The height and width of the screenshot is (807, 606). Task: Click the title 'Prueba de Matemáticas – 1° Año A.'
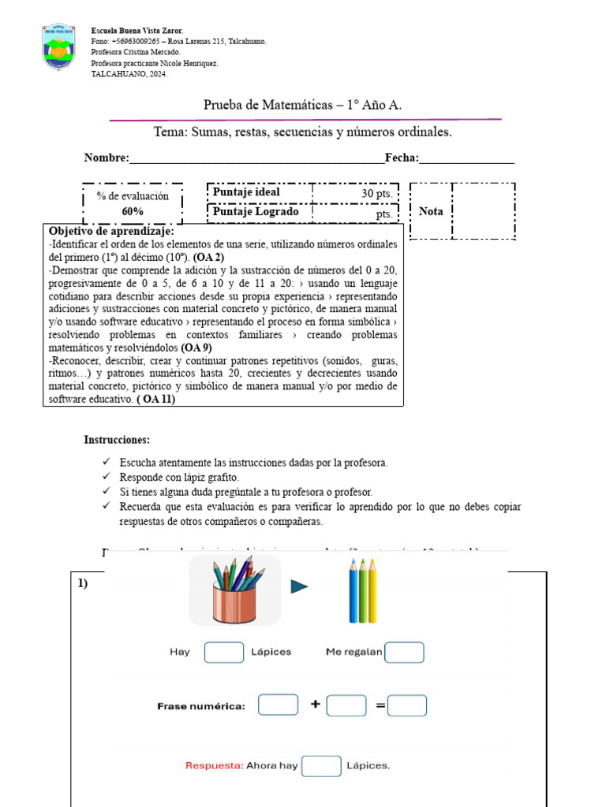click(307, 104)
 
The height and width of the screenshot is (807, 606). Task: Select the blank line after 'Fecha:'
click(466, 159)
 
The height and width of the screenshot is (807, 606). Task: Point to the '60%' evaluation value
click(133, 211)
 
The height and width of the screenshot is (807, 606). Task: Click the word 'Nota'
click(431, 211)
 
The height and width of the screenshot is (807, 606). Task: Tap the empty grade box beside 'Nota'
click(483, 210)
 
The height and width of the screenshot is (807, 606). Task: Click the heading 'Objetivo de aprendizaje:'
click(111, 231)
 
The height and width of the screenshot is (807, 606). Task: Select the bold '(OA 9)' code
click(196, 348)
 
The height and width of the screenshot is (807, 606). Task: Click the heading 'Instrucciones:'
click(117, 440)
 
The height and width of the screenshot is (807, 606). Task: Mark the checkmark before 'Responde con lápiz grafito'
click(107, 478)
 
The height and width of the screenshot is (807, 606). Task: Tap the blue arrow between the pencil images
click(299, 586)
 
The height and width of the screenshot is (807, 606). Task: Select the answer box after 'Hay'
click(224, 653)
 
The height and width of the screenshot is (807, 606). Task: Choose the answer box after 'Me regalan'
click(404, 653)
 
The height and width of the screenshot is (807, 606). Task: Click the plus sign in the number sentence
click(315, 705)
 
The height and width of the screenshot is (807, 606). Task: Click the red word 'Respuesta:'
click(214, 765)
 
